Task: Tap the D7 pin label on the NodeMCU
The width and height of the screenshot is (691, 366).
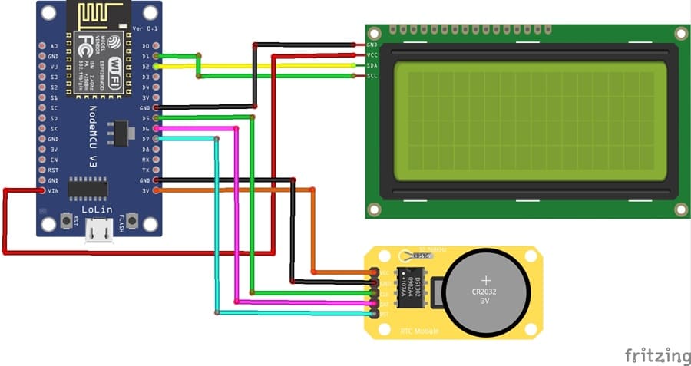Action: tap(146, 139)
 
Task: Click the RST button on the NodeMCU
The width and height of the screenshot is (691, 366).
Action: tap(67, 223)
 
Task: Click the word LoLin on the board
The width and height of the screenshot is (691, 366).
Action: tap(98, 209)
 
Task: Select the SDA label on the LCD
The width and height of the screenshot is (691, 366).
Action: tap(372, 65)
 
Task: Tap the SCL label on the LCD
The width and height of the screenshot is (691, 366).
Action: tap(372, 75)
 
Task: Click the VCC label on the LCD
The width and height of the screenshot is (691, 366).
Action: tap(372, 55)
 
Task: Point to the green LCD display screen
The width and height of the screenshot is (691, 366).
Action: tap(524, 121)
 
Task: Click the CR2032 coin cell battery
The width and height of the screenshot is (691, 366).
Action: tap(485, 290)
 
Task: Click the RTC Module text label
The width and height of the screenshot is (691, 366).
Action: tap(419, 331)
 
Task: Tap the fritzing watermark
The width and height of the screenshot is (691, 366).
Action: tap(656, 355)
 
